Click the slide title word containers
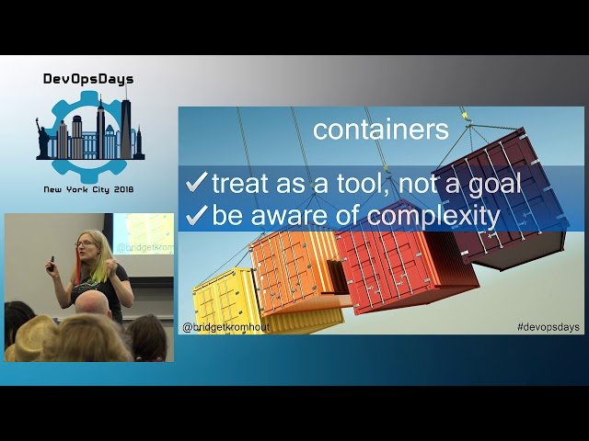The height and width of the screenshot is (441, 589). click(x=380, y=130)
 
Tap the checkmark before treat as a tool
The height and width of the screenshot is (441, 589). click(x=197, y=183)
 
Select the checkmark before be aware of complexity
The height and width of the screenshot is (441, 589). click(x=197, y=216)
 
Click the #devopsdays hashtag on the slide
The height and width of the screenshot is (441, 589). click(x=549, y=327)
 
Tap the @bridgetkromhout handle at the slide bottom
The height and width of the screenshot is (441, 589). click(x=225, y=327)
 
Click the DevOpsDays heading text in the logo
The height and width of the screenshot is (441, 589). click(x=90, y=79)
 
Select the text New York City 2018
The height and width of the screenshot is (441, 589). click(x=89, y=191)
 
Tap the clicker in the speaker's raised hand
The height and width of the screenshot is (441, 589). click(x=52, y=261)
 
